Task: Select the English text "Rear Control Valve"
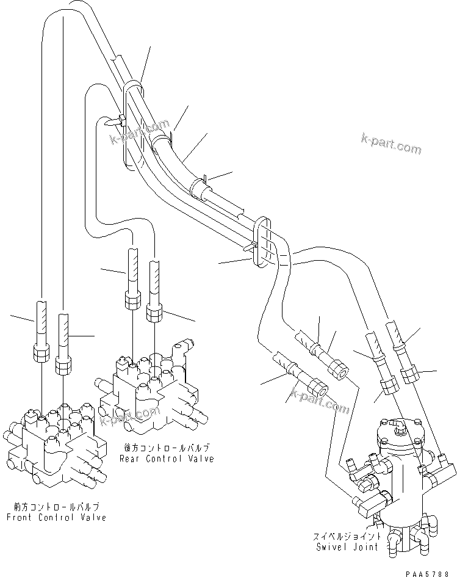tap(167, 459)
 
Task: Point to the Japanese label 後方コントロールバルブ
tap(167, 448)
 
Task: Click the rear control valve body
tap(153, 391)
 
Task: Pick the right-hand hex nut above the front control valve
tap(63, 365)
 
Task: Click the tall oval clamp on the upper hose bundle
tap(133, 125)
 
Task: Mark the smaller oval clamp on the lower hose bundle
tap(261, 242)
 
